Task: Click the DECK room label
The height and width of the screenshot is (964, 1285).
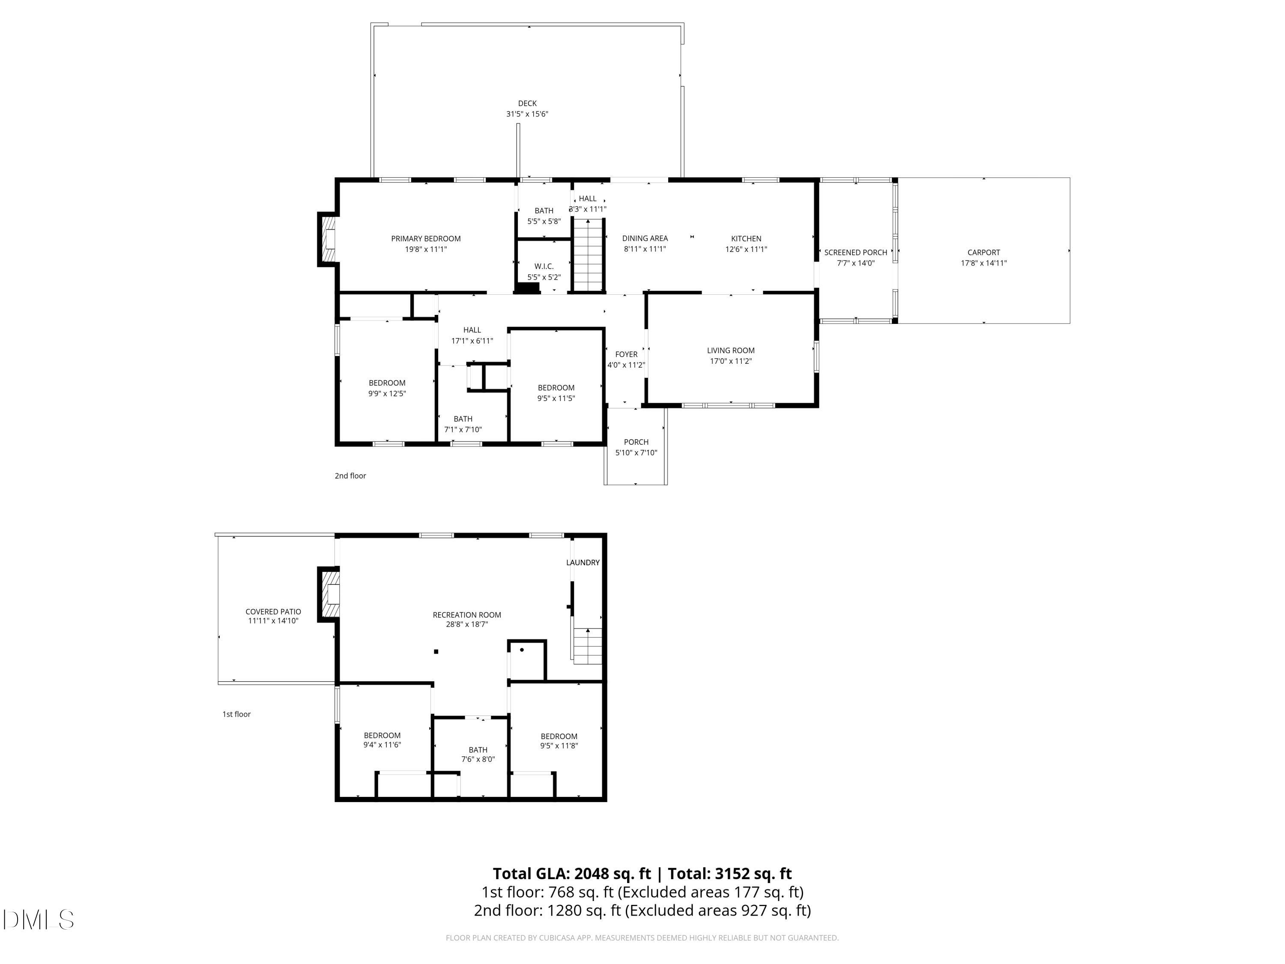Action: click(x=527, y=103)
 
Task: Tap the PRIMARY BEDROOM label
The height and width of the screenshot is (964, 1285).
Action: click(x=426, y=239)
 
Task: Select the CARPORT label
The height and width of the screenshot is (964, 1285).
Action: click(x=983, y=253)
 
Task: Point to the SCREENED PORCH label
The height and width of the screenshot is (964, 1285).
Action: click(x=856, y=253)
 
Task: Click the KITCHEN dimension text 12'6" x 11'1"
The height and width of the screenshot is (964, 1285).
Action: click(x=746, y=249)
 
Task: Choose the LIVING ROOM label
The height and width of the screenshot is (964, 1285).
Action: click(x=731, y=350)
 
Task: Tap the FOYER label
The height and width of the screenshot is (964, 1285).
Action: click(x=626, y=354)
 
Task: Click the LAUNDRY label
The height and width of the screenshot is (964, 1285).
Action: click(x=583, y=563)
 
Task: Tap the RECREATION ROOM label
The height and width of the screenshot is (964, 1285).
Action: click(x=466, y=615)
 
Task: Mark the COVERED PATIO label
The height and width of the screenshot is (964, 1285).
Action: click(x=273, y=612)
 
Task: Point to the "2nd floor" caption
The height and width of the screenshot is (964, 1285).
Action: click(x=350, y=476)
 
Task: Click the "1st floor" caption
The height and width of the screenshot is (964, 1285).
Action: click(x=236, y=714)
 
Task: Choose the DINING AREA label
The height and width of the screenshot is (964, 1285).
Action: click(x=645, y=239)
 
